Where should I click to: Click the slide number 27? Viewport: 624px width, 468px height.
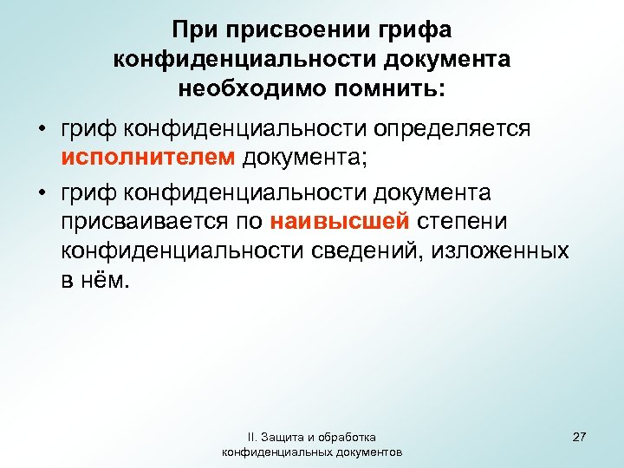point(579,437)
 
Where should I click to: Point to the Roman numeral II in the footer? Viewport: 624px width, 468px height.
point(250,437)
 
